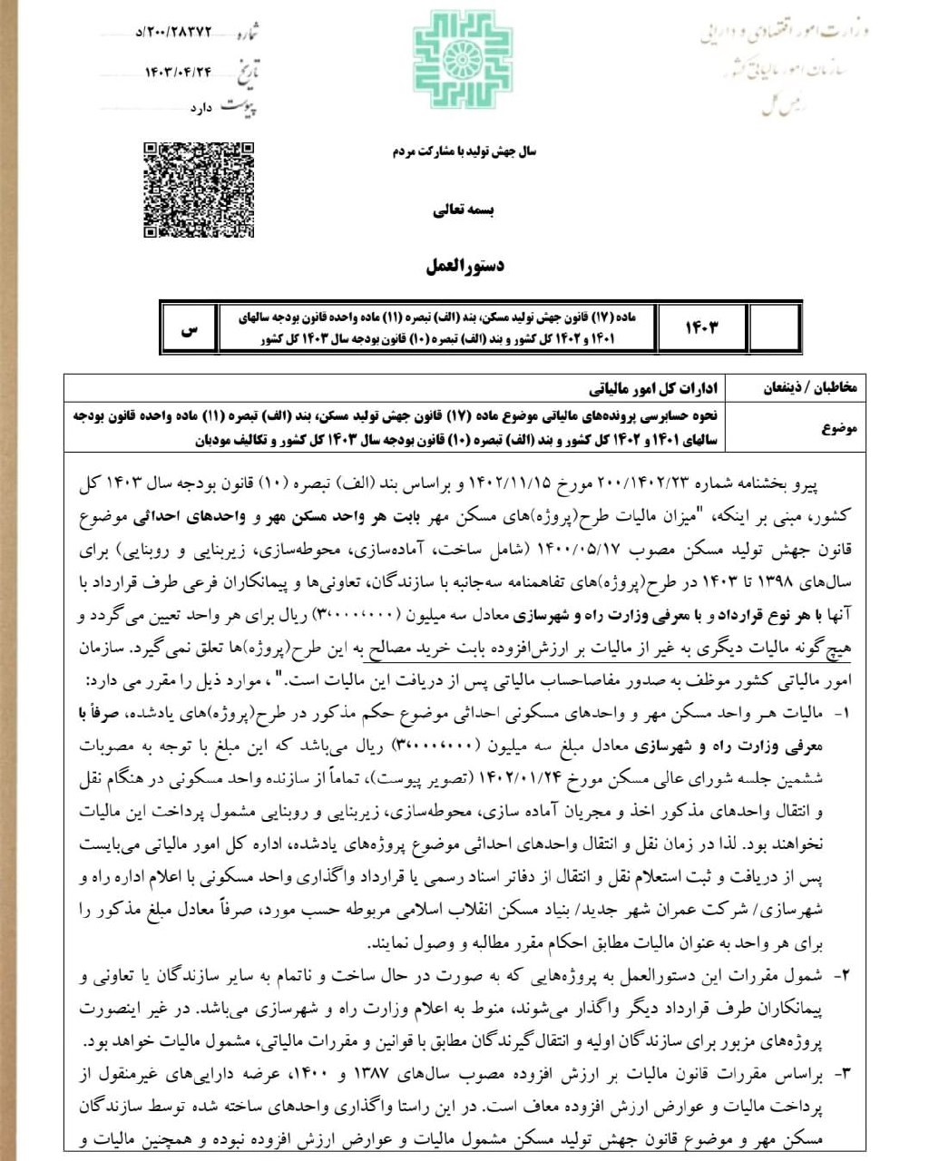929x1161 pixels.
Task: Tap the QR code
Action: pyautogui.click(x=199, y=190)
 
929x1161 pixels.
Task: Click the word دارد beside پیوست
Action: pyautogui.click(x=200, y=108)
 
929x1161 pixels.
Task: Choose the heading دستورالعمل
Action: pyautogui.click(x=464, y=267)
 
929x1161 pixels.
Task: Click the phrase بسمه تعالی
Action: pyautogui.click(x=464, y=210)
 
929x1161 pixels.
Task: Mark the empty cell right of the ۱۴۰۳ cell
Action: pyautogui.click(x=774, y=327)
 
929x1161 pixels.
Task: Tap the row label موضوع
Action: pyautogui.click(x=839, y=428)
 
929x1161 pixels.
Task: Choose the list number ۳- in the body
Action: pyautogui.click(x=841, y=1074)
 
